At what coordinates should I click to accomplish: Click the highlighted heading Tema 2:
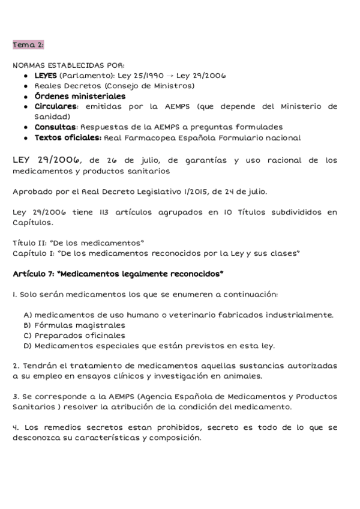coord(28,44)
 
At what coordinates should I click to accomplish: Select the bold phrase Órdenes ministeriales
coord(80,96)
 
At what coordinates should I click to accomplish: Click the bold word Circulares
coord(55,106)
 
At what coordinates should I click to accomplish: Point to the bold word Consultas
coord(55,127)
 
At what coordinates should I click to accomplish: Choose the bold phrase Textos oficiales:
coord(68,137)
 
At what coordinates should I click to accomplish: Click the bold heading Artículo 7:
coord(37,274)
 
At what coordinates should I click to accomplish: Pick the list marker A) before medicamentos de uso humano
coord(28,315)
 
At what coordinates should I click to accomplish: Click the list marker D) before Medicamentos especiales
coord(28,346)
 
